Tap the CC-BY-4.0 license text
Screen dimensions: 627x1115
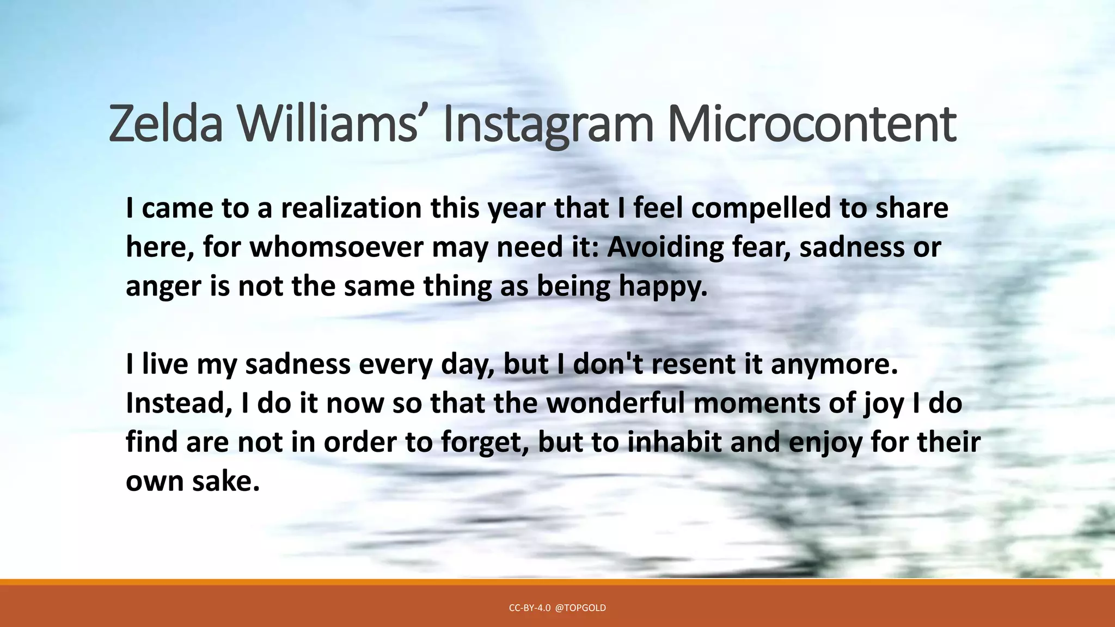tap(529, 608)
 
